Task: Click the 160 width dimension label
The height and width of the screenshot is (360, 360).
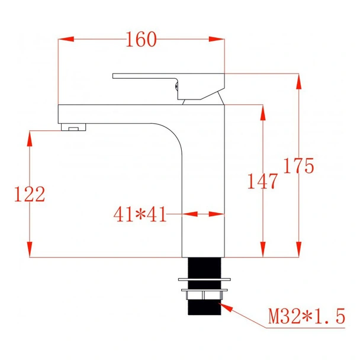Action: (x=142, y=40)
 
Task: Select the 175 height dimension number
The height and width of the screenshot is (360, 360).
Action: (x=298, y=166)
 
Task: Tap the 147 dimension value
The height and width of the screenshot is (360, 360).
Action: (x=262, y=181)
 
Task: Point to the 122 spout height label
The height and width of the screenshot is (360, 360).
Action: (x=29, y=194)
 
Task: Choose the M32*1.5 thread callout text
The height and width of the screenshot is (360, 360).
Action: (x=306, y=316)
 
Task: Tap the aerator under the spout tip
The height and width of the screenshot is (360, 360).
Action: (x=74, y=127)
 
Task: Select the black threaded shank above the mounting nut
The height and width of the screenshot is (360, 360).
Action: (x=203, y=266)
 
